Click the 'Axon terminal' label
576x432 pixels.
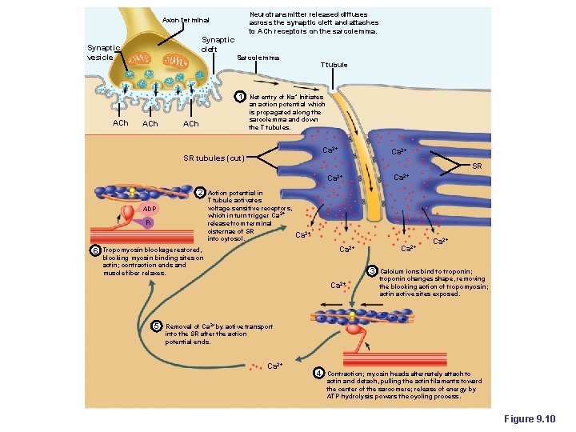point(185,19)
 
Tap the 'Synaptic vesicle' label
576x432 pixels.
point(103,52)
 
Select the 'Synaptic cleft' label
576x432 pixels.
point(218,44)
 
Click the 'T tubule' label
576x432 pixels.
point(334,64)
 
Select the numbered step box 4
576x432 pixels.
point(318,374)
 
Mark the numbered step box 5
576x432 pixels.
point(156,326)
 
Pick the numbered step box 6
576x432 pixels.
point(94,250)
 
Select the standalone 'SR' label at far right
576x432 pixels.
point(476,166)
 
